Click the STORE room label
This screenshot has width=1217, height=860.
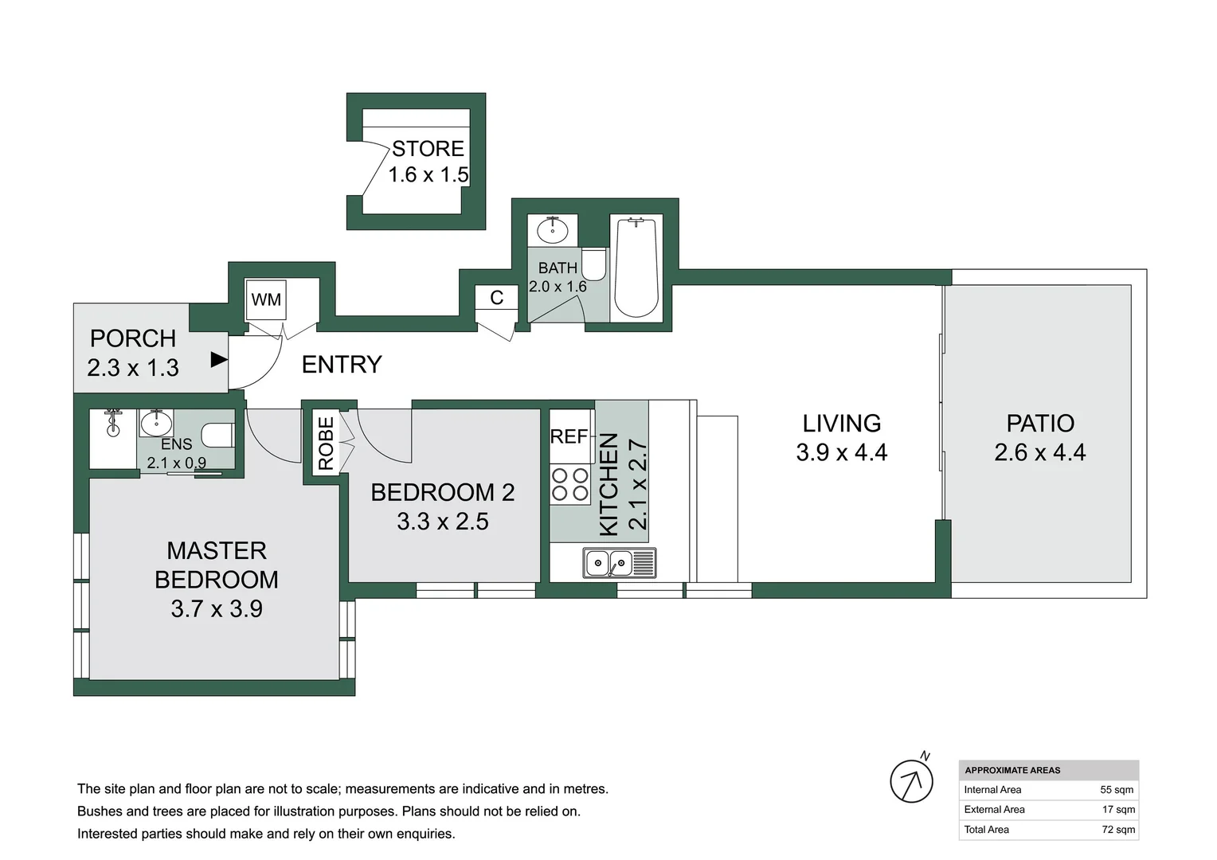coord(428,148)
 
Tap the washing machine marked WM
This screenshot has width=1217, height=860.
coord(266,300)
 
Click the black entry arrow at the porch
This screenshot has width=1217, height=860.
coord(219,359)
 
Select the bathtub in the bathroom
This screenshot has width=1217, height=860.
coord(636,268)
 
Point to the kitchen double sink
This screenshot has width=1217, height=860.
coord(620,562)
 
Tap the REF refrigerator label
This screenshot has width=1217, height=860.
coord(569,436)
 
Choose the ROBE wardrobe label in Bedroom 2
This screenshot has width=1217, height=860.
coord(326,444)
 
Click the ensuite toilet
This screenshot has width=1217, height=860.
coord(218,435)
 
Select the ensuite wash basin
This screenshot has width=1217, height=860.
coord(156,424)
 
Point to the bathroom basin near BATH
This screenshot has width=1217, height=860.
coord(553,230)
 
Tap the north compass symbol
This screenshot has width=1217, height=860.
coord(913,780)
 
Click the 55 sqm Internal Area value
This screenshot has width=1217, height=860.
coord(1117,789)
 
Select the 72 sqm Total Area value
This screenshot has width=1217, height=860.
coord(1118,830)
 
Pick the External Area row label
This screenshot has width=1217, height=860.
coord(994,810)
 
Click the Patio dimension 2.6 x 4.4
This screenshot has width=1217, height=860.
coord(1040,452)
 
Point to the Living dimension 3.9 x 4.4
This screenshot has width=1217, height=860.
coord(842,452)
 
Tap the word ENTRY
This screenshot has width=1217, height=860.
coord(342,365)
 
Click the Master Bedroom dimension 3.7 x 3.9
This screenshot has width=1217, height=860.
coord(217,609)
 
